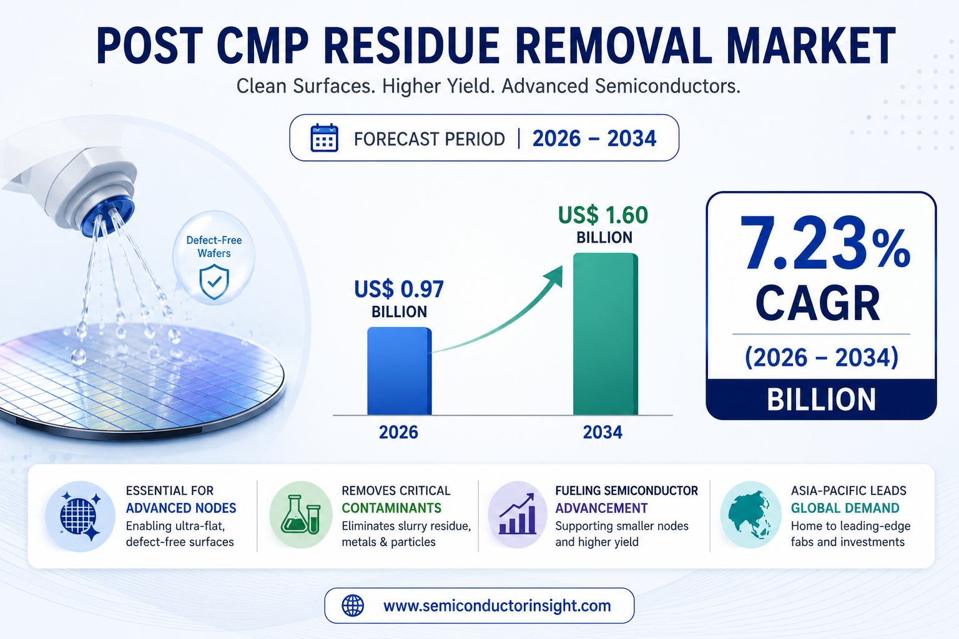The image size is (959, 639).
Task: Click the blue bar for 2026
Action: click(400, 371)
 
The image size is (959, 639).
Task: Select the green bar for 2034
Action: click(606, 334)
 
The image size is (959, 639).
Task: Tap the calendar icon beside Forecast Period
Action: click(324, 138)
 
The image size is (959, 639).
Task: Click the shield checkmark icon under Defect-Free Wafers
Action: click(214, 281)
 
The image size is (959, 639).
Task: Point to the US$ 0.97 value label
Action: click(398, 290)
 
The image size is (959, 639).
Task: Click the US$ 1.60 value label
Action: click(602, 215)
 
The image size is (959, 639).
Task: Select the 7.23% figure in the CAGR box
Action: click(824, 243)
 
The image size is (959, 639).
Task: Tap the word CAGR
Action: click(818, 303)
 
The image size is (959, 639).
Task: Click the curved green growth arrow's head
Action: click(554, 276)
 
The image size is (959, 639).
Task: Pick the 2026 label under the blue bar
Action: click(398, 432)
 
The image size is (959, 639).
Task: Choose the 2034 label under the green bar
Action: click(602, 432)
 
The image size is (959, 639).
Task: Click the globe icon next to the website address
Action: click(353, 606)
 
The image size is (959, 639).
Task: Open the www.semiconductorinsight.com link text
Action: click(497, 606)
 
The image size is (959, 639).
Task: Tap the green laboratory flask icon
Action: click(300, 514)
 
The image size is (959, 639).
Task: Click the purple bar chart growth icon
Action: click(518, 514)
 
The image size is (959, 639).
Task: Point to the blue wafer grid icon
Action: click(81, 515)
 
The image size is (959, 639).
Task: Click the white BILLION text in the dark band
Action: click(821, 400)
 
